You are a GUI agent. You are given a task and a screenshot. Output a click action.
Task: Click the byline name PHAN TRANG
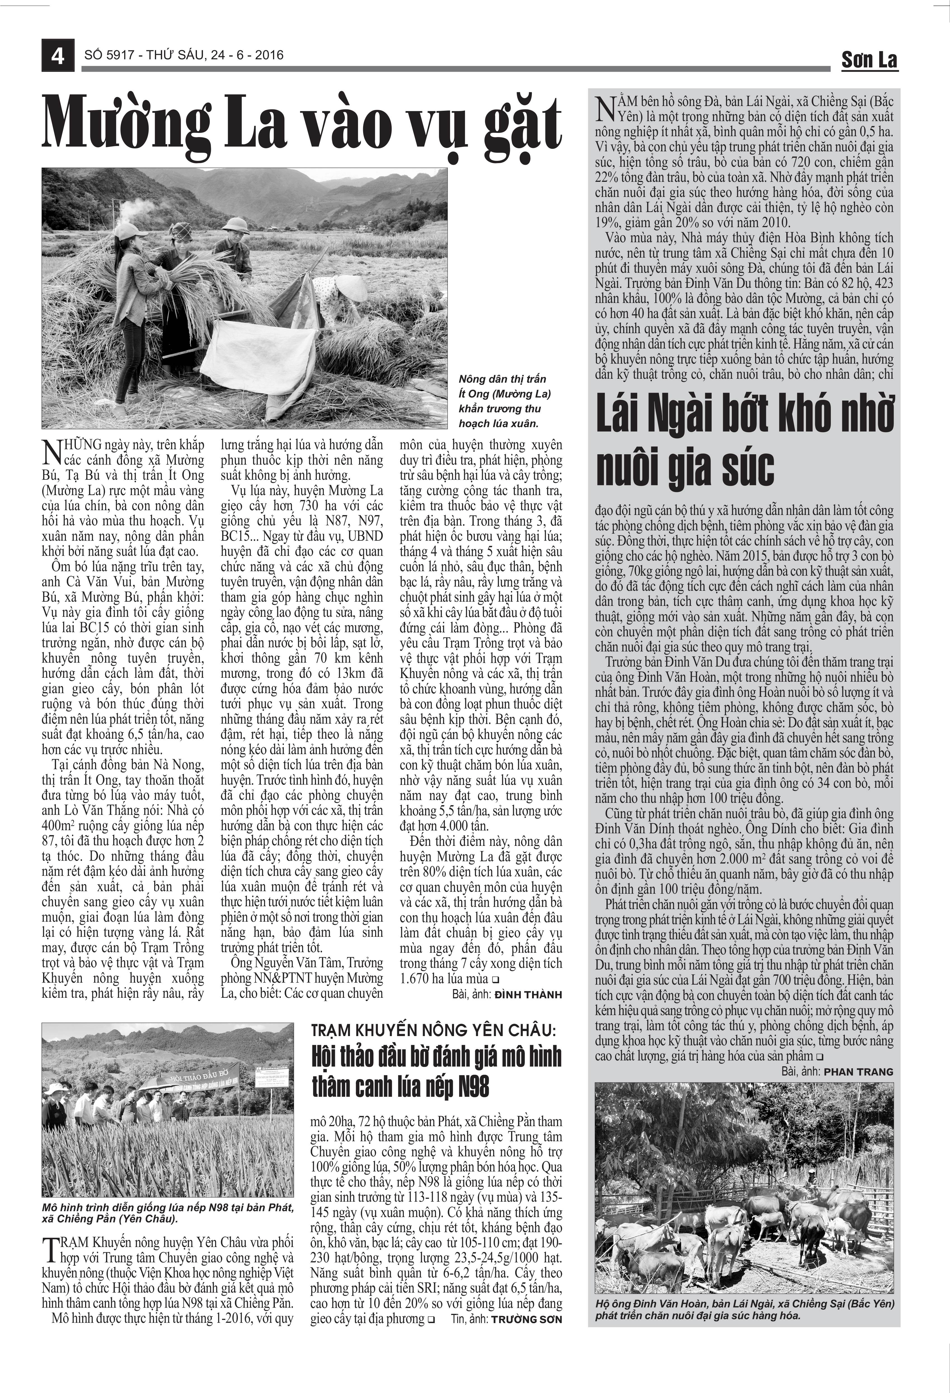click(858, 1072)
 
